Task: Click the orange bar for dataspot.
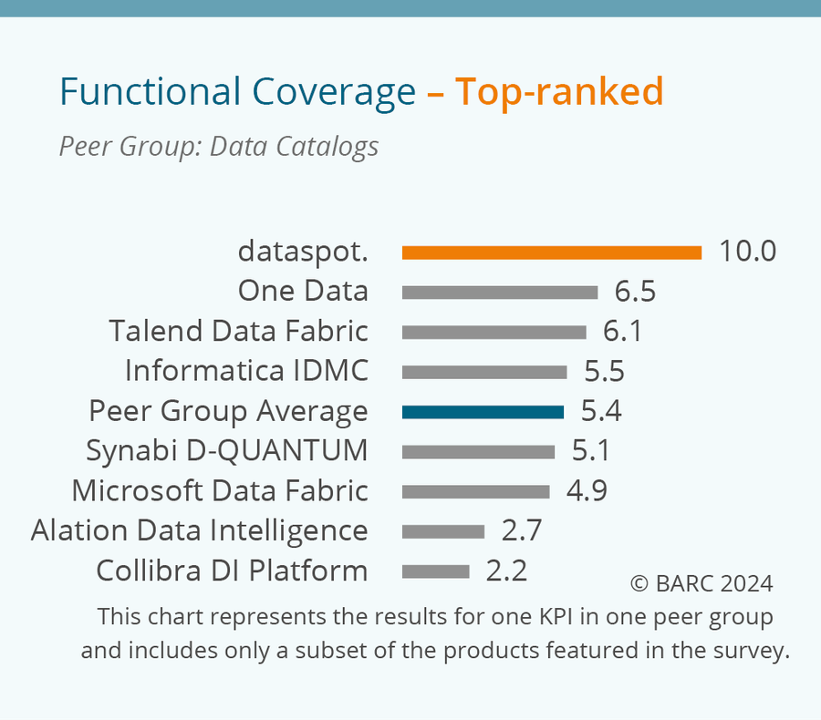coord(551,252)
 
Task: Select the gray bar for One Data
coord(499,293)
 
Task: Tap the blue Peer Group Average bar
coord(483,412)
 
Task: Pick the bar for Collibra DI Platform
coord(435,571)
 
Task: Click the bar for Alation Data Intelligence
coord(442,531)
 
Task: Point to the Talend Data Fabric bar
coord(494,332)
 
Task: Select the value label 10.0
coord(747,252)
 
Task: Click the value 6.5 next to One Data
coord(635,292)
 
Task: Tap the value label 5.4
coord(601,411)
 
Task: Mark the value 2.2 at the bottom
coord(506,571)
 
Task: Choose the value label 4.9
coord(587,490)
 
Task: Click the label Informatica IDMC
coord(246,371)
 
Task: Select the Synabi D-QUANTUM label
coord(226,450)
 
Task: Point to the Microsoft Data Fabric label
coord(220,490)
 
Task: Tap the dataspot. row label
coord(303,252)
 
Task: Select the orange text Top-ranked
coord(559,92)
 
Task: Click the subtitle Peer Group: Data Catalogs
coord(219,146)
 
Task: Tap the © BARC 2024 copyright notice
coord(701,583)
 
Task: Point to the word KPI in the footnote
coord(516,617)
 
